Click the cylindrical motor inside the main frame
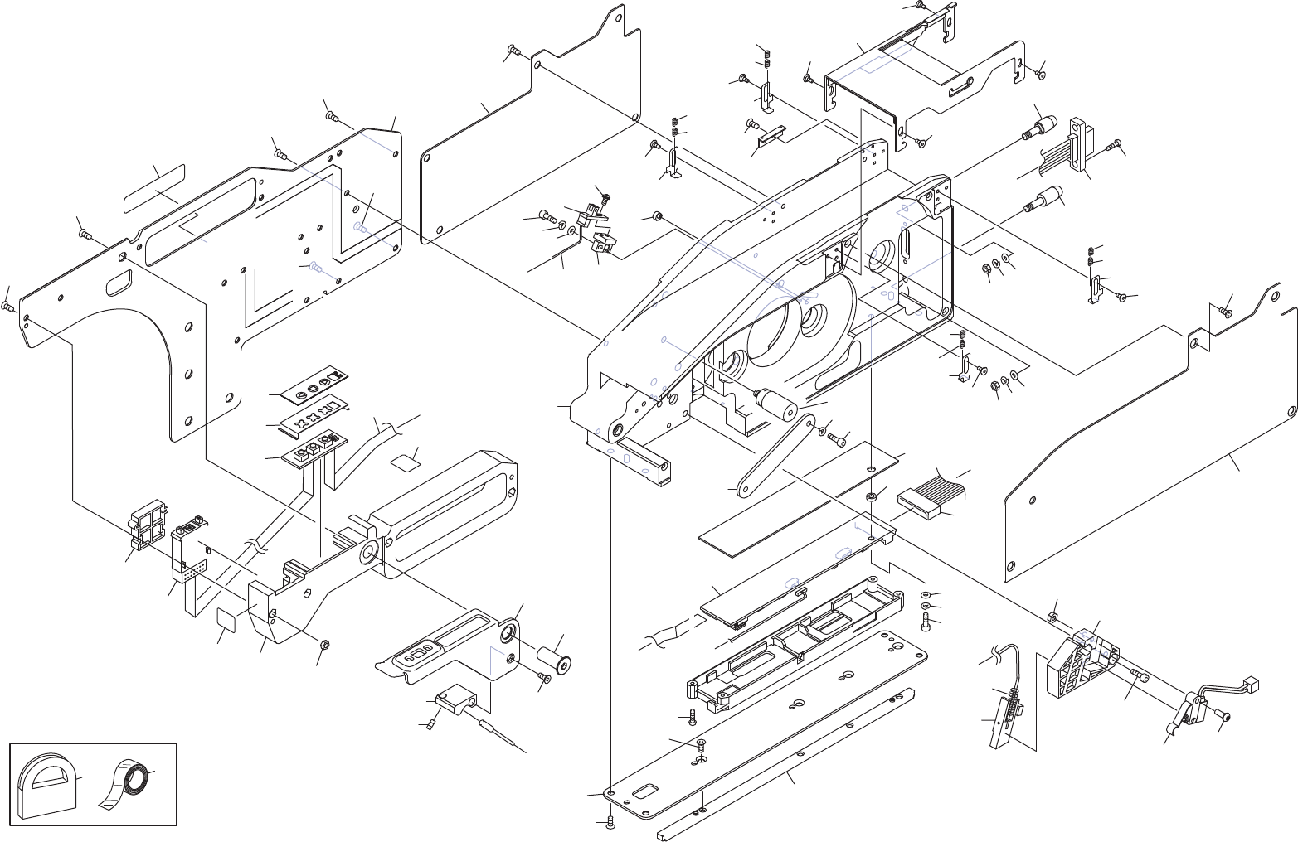point(775,405)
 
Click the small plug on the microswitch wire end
point(1252,684)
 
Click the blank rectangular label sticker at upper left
point(154,189)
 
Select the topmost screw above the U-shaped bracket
point(920,5)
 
